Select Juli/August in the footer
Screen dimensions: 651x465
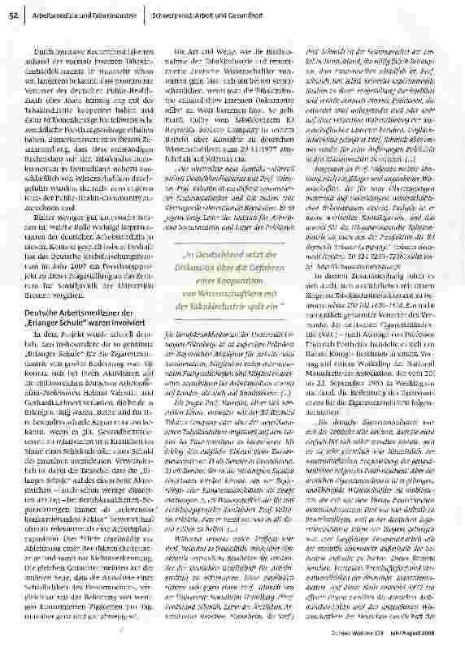tap(424, 641)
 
